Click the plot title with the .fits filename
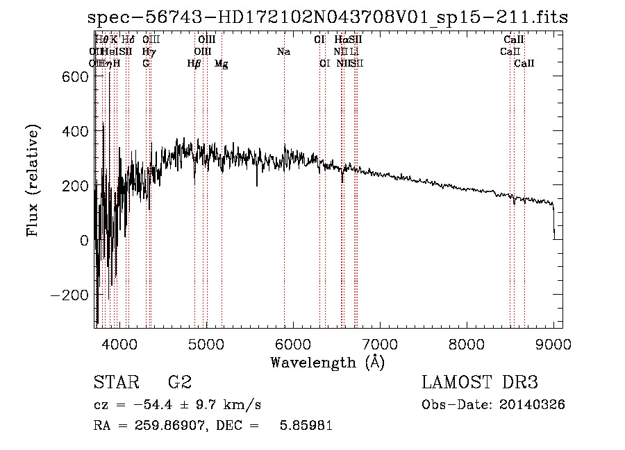point(328,17)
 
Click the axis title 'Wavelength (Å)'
point(328,362)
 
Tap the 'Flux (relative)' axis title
point(33,180)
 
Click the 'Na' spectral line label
point(283,51)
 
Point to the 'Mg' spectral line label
point(222,64)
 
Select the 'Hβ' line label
point(194,64)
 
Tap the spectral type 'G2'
point(180,383)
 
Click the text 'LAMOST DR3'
point(480,383)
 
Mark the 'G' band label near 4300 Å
point(146,64)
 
